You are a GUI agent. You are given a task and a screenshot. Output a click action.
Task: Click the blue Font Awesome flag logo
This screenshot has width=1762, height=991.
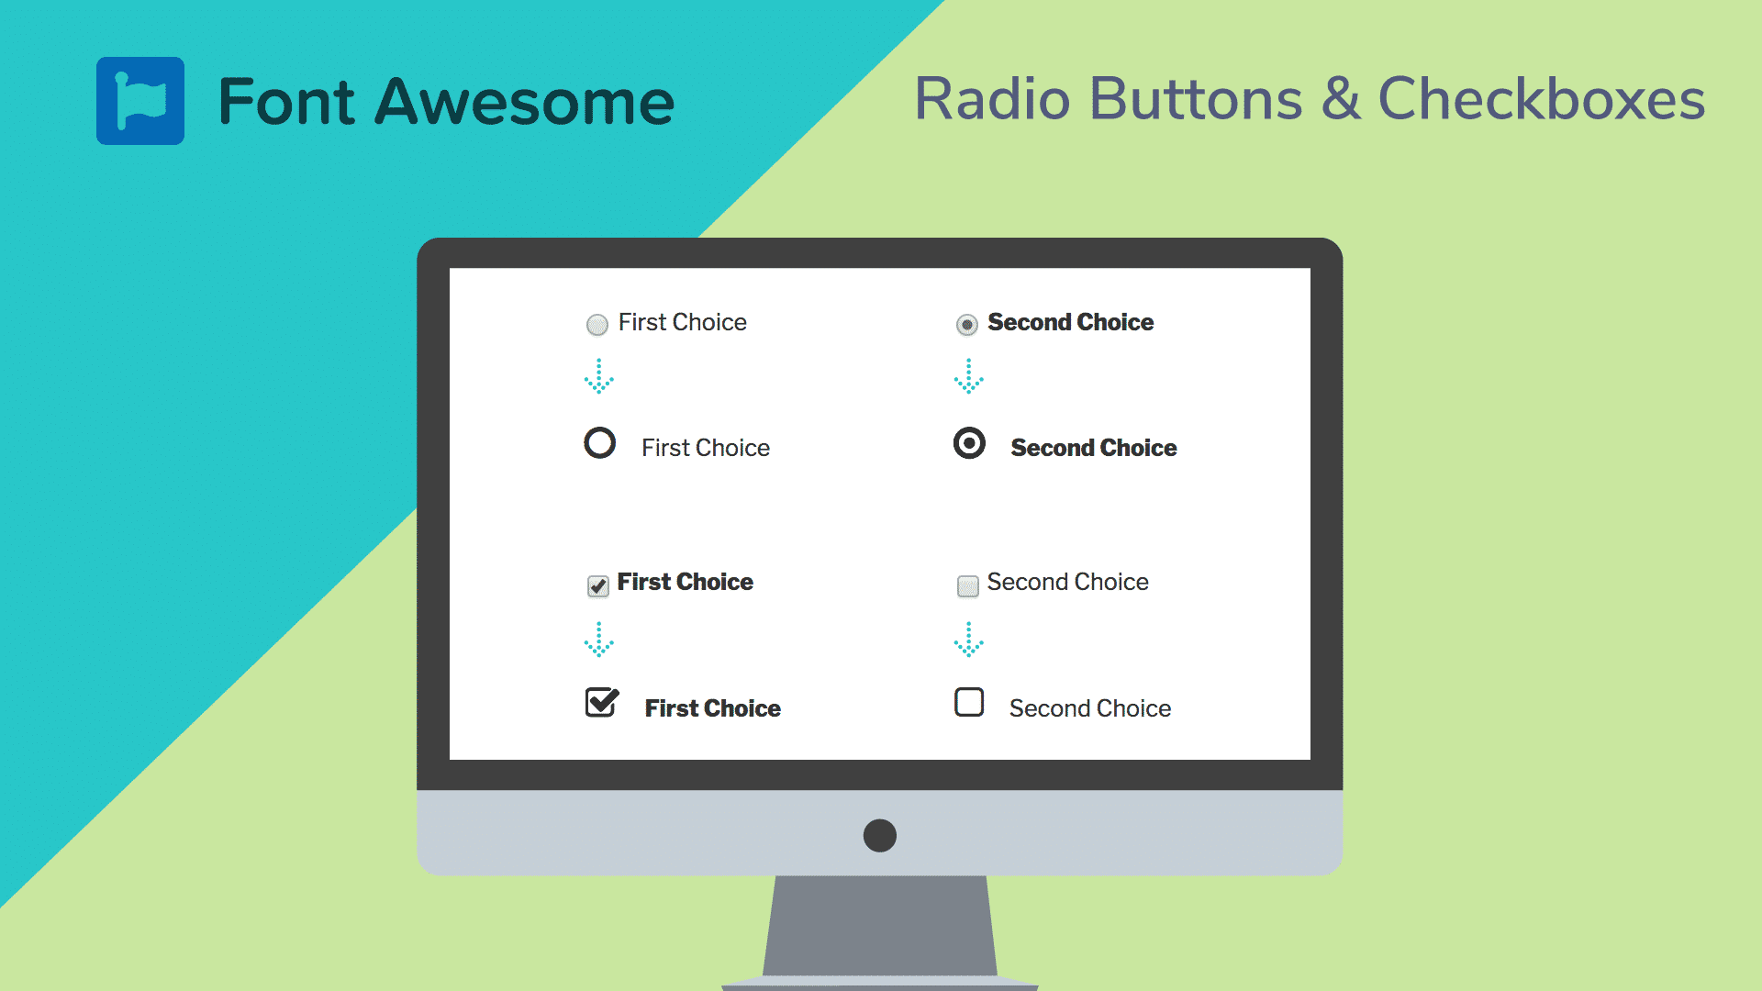point(140,101)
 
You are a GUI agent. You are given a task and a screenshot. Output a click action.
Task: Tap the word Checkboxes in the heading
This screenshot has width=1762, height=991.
point(1541,99)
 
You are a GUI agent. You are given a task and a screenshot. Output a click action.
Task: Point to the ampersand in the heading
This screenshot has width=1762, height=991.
point(1340,99)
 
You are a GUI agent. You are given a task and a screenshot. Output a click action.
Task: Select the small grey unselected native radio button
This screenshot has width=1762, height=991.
point(597,324)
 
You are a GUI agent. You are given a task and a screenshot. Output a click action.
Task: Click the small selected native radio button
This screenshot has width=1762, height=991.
point(966,324)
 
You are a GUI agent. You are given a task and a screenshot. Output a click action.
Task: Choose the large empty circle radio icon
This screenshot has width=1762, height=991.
point(600,443)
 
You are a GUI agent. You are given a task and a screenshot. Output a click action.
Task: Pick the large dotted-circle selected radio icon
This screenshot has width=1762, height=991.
point(969,443)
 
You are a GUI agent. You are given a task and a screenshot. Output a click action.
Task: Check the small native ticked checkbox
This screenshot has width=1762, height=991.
point(598,585)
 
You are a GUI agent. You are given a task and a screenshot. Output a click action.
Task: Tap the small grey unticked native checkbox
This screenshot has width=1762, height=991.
point(967,585)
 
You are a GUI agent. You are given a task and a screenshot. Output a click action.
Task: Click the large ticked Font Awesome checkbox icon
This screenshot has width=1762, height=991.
point(602,703)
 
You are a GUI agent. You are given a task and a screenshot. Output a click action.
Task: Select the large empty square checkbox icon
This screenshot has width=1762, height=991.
point(969,703)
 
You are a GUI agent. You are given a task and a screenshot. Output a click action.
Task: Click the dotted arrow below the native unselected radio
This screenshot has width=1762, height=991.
point(599,376)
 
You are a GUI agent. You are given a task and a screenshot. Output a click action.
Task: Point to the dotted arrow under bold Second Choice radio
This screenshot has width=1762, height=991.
point(969,376)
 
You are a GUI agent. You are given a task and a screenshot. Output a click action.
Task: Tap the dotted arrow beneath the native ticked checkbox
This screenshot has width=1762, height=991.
point(599,640)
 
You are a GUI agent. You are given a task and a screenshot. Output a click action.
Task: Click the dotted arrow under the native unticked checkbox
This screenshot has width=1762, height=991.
point(969,640)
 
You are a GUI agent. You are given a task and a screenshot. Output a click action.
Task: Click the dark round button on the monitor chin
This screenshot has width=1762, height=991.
point(880,835)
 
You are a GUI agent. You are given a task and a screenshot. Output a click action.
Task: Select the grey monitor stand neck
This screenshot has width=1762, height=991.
point(880,927)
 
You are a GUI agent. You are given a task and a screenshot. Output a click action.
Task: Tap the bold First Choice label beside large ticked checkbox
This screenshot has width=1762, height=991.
point(712,708)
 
